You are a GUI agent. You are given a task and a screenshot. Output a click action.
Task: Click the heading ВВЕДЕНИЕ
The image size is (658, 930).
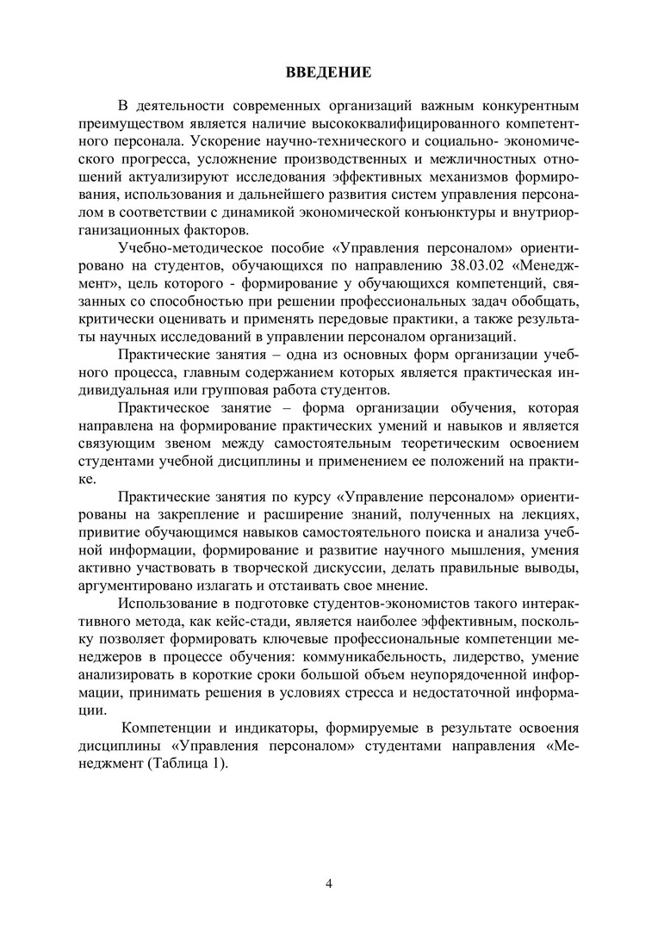[x=329, y=72]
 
